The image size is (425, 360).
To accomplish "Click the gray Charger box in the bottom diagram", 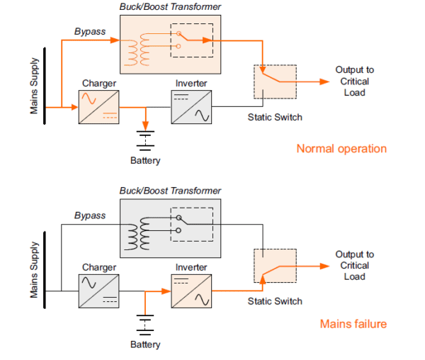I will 98,291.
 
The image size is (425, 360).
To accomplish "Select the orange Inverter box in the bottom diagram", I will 192,291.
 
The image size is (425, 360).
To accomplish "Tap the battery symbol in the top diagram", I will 145,139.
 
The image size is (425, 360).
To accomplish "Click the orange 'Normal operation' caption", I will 341,149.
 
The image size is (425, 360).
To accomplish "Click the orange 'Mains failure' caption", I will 353,324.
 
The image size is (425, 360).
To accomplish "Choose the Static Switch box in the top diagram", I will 275,81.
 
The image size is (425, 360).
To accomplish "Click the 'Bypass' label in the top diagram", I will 89,31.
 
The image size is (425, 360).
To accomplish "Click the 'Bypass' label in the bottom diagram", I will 89,215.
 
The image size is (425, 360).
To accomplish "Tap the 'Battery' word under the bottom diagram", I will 145,345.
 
